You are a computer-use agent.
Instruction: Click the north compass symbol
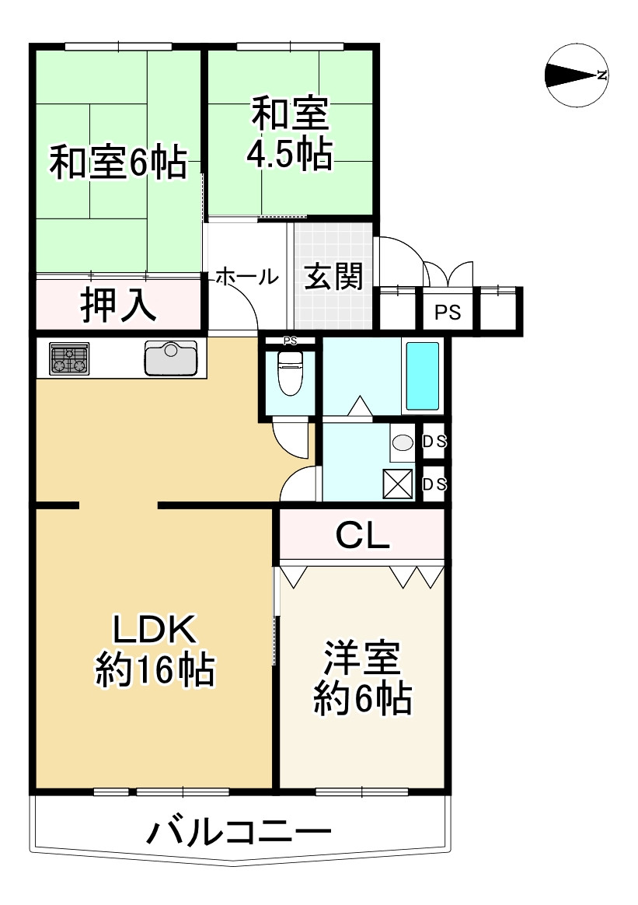(x=577, y=75)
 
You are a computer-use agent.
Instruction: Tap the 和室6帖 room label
(x=118, y=163)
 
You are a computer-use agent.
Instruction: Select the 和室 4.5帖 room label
(x=290, y=135)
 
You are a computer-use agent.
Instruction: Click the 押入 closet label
(x=119, y=306)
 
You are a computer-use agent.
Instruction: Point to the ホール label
(x=246, y=276)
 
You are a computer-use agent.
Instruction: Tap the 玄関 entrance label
(x=333, y=276)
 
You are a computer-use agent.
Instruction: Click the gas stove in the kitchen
(x=69, y=359)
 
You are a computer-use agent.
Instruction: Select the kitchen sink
(x=172, y=358)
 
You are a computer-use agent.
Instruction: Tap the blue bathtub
(x=423, y=376)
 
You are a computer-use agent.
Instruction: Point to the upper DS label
(x=434, y=442)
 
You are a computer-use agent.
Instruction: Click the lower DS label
(x=434, y=484)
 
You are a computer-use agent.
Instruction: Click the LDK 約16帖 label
(x=155, y=649)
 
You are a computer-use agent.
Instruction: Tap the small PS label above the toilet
(x=289, y=341)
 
